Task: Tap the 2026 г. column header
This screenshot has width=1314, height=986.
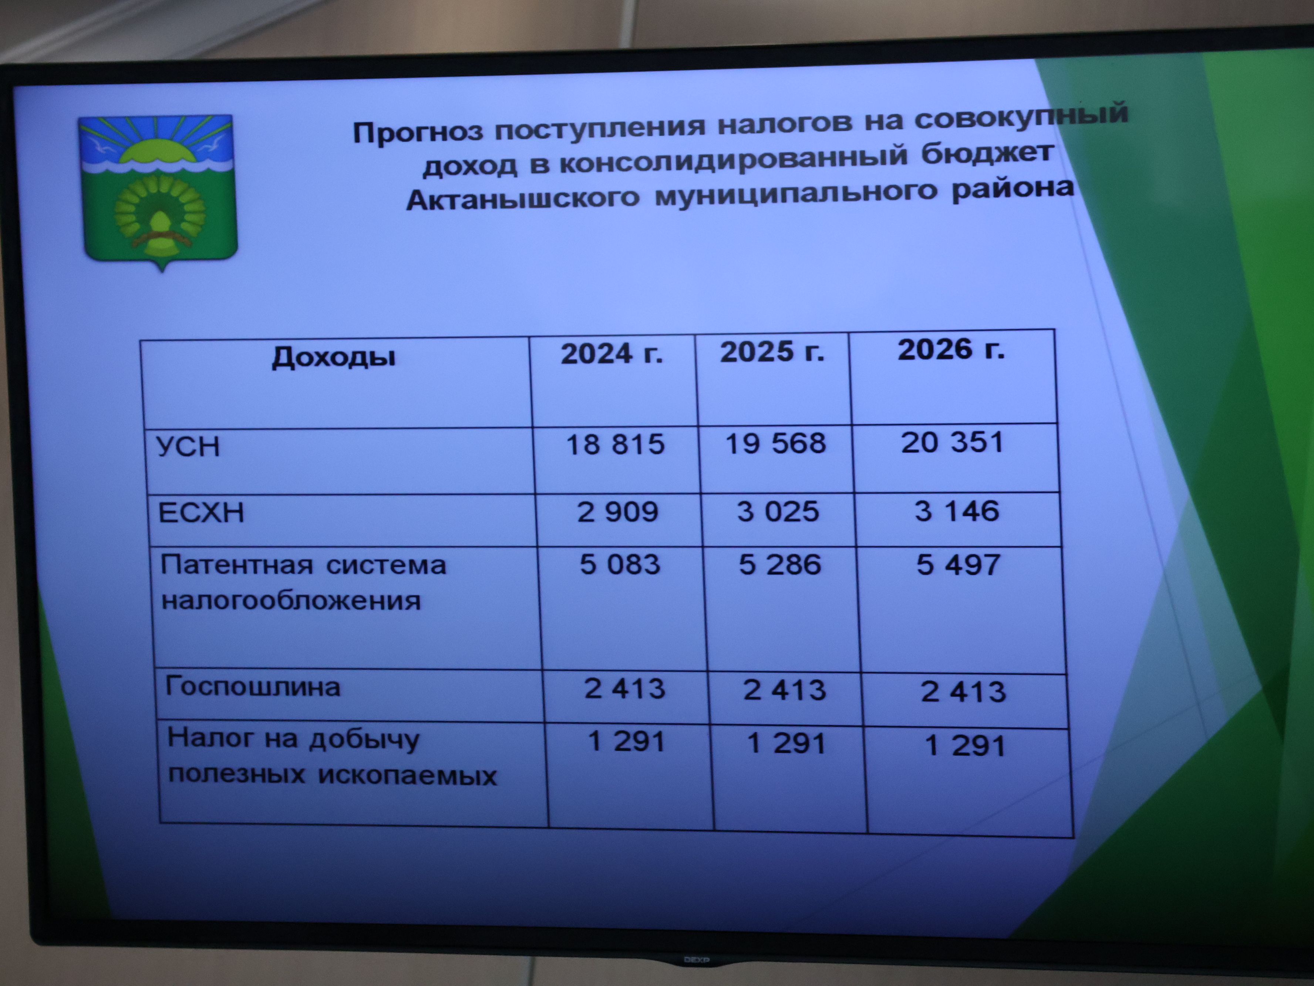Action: pos(951,349)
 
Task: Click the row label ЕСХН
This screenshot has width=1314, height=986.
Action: pos(201,512)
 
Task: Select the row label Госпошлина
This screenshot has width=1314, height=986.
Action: pos(253,687)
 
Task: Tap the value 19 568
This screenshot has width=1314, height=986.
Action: pos(776,443)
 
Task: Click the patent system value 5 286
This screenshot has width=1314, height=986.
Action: pos(780,564)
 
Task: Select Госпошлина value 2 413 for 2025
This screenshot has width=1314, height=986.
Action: pos(785,690)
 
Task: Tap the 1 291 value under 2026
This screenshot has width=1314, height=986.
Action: pos(965,746)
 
